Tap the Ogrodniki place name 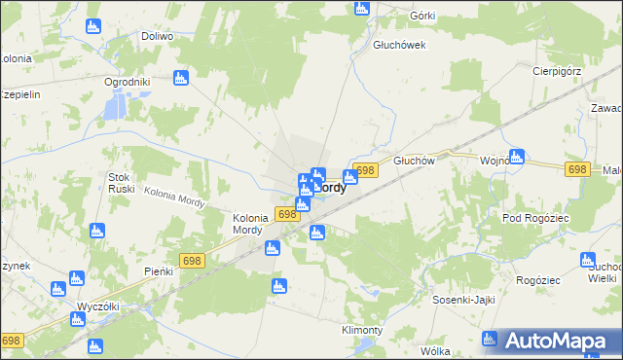coord(127,82)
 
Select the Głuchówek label coord(399,45)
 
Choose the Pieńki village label coord(158,270)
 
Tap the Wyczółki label coord(97,306)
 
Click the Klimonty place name coord(361,330)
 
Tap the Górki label coord(421,17)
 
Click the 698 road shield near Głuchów coord(365,170)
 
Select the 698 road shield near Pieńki coord(191,259)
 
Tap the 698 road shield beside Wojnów coord(576,169)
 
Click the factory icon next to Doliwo coord(92,26)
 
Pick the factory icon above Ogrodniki coord(179,79)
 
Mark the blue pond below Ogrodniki coord(115,106)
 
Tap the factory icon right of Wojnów coord(517,156)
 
